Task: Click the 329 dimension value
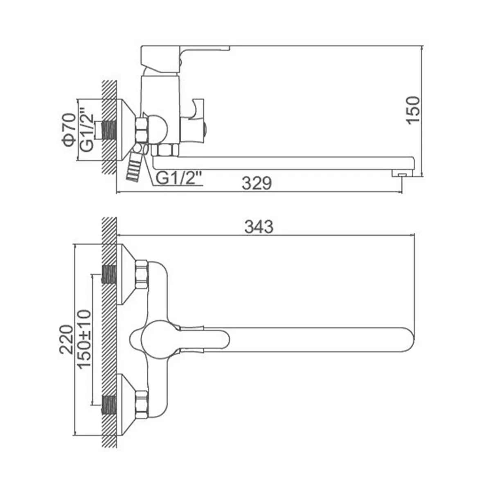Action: pos(257,183)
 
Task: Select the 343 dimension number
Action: pos(259,227)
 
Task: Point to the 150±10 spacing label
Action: pos(84,338)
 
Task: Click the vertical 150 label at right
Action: pos(413,110)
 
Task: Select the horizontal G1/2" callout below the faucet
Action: pos(179,178)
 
